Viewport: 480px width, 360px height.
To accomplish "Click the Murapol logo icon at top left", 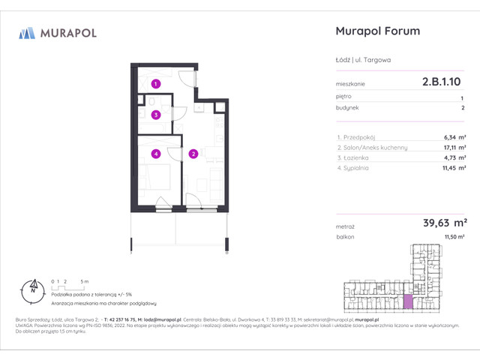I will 27,32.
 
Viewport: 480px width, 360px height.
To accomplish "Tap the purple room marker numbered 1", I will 155,84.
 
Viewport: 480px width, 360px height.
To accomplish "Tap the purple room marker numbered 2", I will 193,154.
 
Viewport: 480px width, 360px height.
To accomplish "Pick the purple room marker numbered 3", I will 155,115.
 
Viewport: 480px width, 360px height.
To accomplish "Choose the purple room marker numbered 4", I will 155,154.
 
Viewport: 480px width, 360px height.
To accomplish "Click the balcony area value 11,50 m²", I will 454,236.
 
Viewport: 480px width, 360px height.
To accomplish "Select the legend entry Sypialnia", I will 356,169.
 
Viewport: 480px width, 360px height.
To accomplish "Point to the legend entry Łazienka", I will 355,158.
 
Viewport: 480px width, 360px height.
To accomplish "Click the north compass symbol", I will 32,286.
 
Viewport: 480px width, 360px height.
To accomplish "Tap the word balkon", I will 346,236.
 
